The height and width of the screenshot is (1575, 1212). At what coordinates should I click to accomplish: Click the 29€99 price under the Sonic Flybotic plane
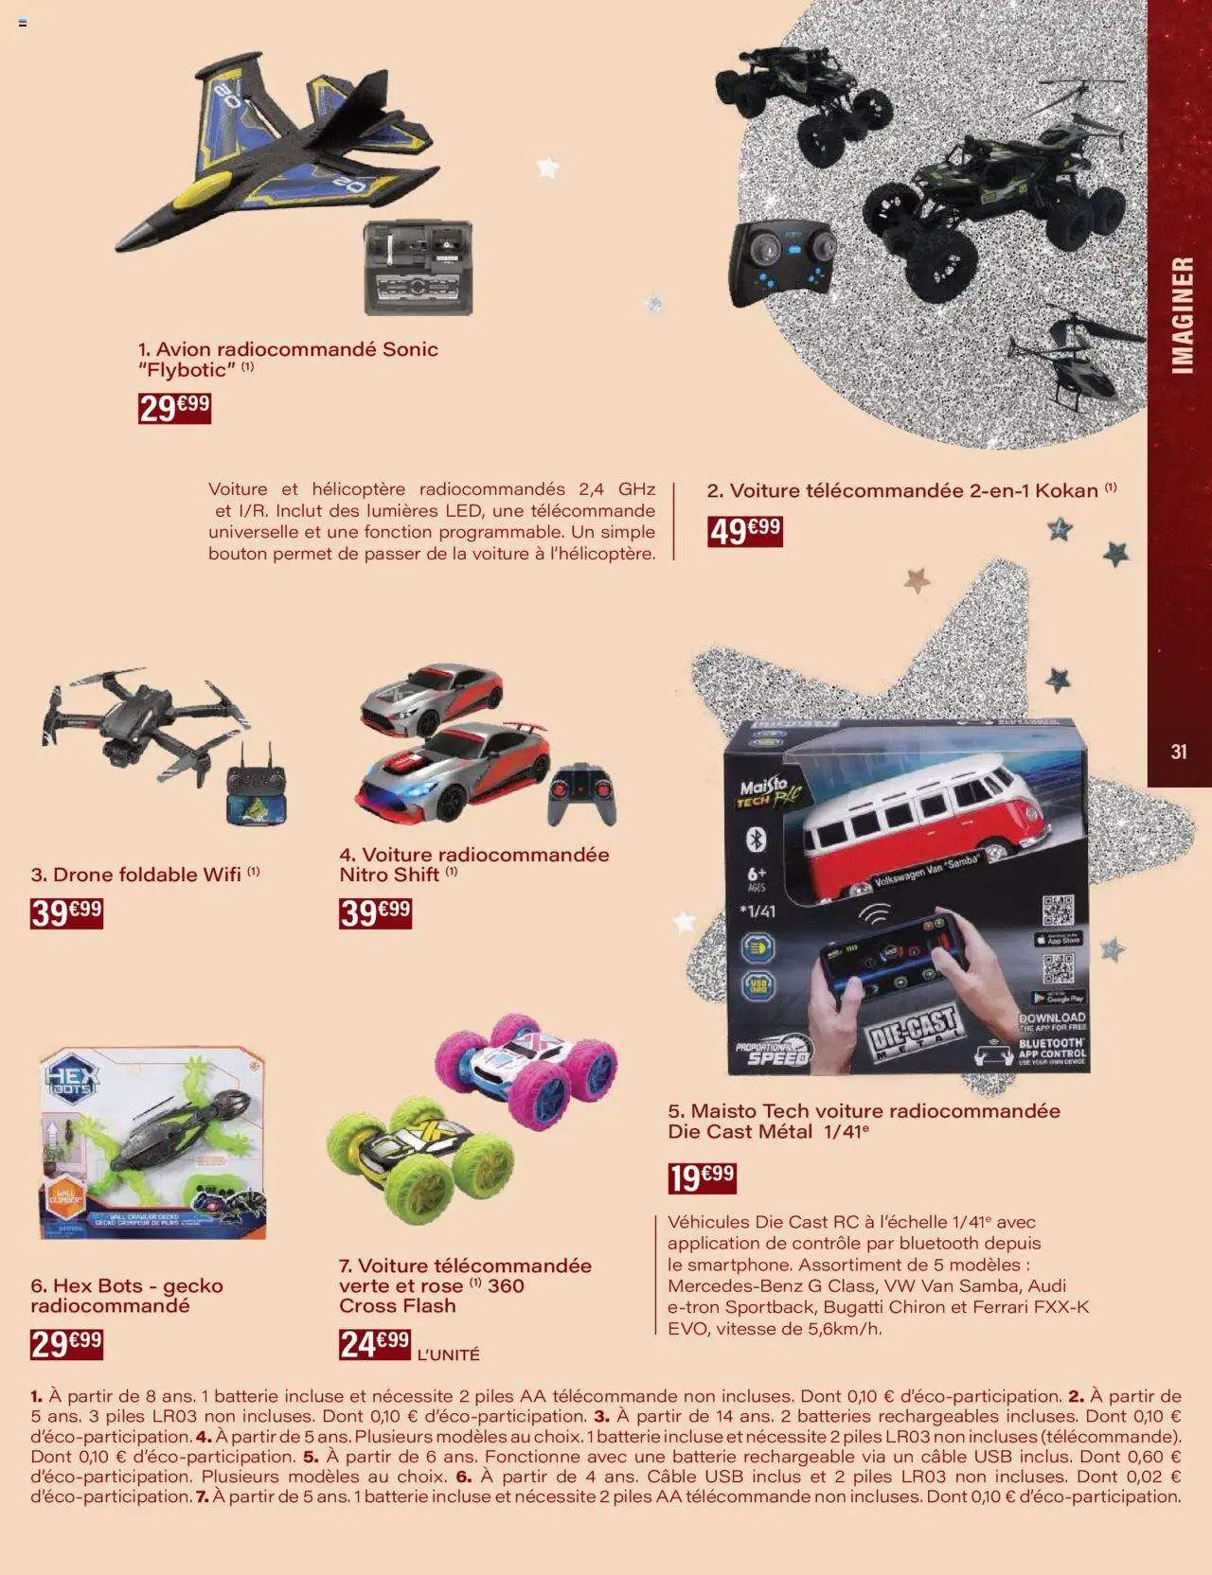(x=174, y=408)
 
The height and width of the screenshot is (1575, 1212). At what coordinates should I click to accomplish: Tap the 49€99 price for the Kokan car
(x=745, y=530)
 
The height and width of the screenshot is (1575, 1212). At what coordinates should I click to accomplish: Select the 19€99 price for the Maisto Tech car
(x=702, y=1177)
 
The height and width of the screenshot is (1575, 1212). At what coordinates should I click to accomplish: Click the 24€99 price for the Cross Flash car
(x=375, y=1343)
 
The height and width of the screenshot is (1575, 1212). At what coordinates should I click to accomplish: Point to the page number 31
(x=1179, y=752)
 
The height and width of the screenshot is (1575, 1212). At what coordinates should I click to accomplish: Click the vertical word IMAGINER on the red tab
(x=1182, y=314)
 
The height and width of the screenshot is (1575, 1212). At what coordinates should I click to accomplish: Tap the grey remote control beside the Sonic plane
(x=419, y=268)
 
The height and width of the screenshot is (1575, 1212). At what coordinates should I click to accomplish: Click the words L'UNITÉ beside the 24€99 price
(x=448, y=1355)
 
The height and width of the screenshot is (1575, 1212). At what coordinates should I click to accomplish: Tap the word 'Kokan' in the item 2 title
(x=1066, y=490)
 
